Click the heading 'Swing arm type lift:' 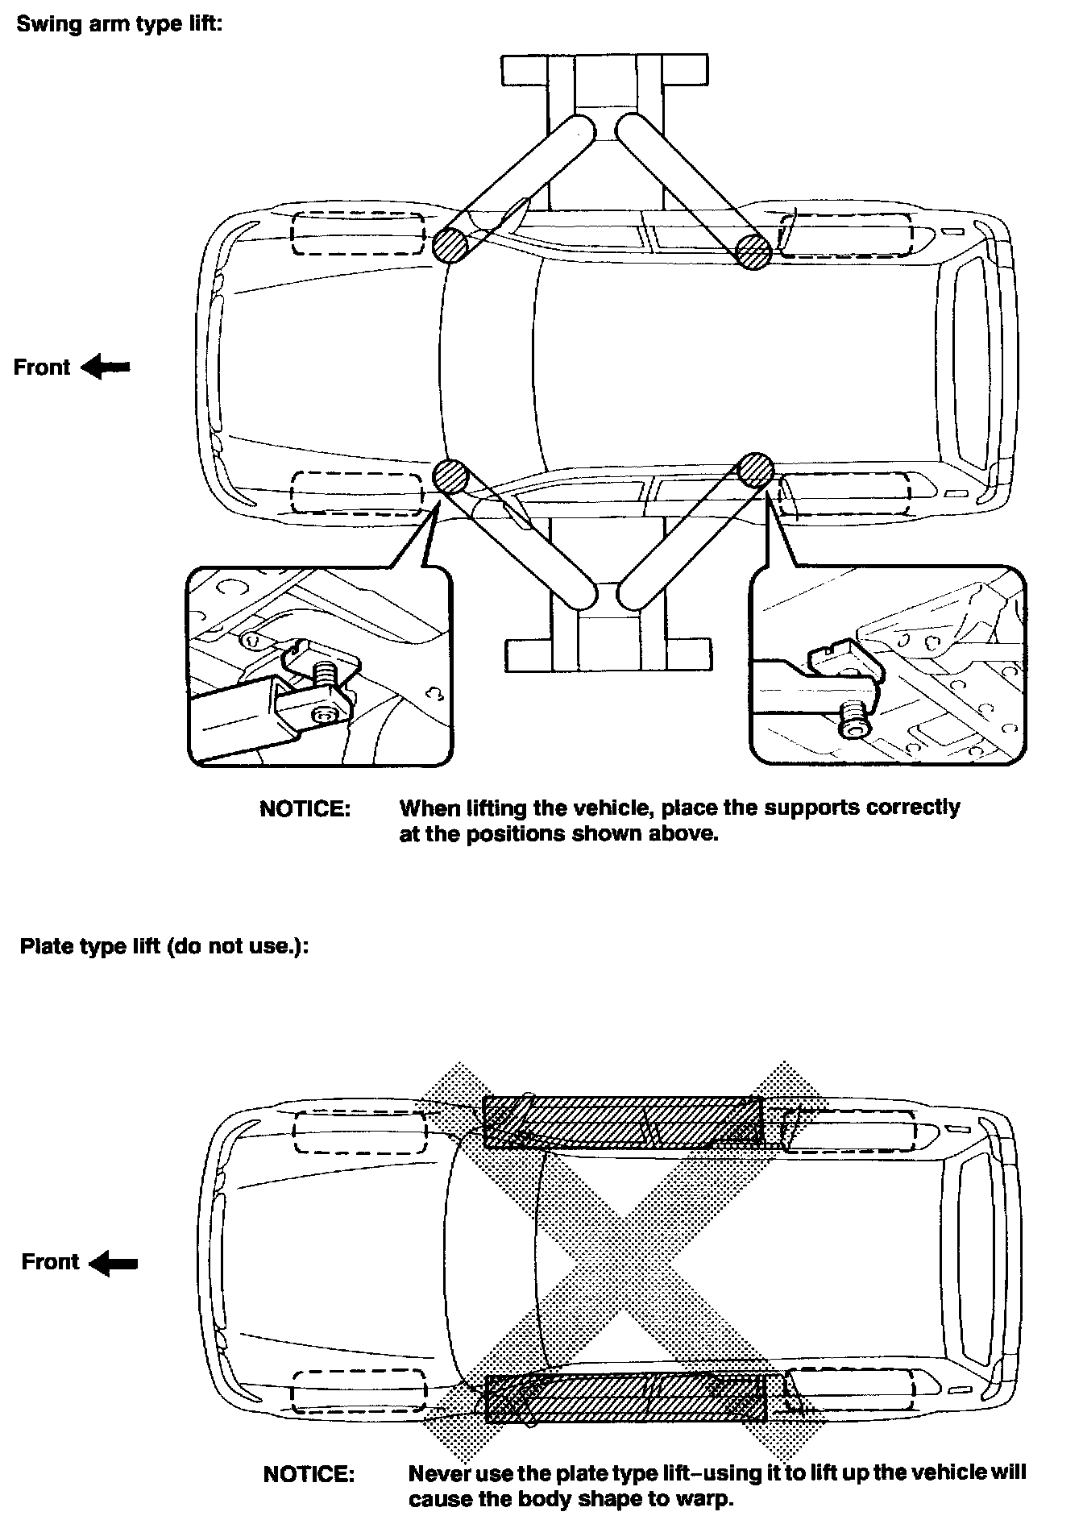(118, 23)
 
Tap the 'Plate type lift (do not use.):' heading (164, 945)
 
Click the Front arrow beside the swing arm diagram (106, 368)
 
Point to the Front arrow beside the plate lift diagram (113, 1262)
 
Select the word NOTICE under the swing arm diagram (305, 809)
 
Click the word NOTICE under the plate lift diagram (309, 1475)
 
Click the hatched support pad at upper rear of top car (753, 251)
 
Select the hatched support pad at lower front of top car (450, 476)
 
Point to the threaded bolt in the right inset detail (853, 717)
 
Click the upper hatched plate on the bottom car (622, 1121)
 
